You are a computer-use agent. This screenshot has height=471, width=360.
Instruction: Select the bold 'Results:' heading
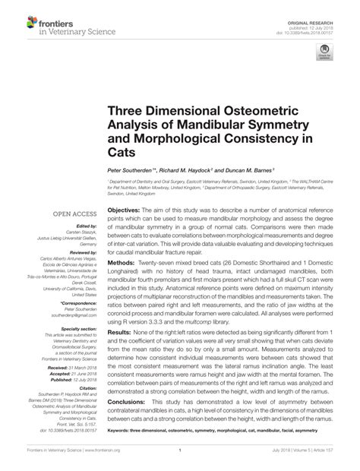tap(120, 332)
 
